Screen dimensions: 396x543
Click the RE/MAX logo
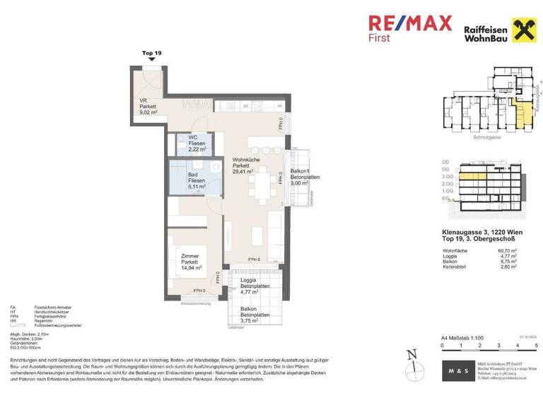pos(410,23)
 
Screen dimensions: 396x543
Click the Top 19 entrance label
pos(152,53)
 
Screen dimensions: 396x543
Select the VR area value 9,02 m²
pos(148,112)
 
